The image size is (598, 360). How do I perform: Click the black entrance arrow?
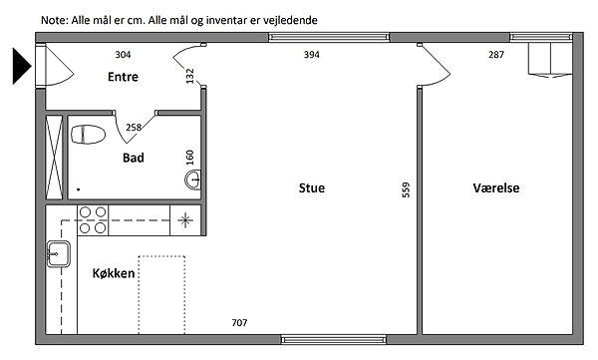(21, 66)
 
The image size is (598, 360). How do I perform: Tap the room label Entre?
(123, 77)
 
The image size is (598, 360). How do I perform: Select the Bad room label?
(134, 158)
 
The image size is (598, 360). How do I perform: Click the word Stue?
(312, 187)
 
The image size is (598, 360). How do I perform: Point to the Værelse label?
(496, 187)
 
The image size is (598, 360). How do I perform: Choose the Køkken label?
(114, 273)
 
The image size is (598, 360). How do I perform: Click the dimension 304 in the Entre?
(124, 55)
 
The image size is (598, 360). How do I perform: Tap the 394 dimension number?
(312, 55)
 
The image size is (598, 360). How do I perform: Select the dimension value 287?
(496, 55)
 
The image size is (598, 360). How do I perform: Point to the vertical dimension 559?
(407, 189)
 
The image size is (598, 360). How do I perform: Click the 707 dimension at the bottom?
(239, 323)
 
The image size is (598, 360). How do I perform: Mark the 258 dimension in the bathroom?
(134, 127)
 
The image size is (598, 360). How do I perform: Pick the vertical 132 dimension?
(189, 76)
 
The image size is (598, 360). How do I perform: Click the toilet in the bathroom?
(88, 135)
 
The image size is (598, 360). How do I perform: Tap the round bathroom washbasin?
(192, 180)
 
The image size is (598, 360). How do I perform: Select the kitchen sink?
(59, 254)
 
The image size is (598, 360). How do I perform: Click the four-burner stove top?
(93, 220)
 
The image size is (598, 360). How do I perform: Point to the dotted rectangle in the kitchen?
(161, 295)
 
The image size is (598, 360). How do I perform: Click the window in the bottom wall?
(334, 339)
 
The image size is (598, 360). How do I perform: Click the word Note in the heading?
(54, 20)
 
